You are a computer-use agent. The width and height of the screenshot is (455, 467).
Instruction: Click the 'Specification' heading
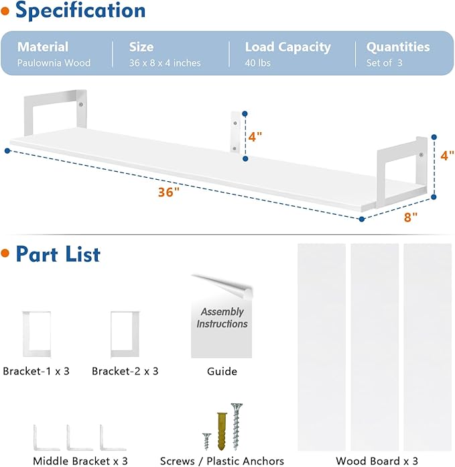point(80,11)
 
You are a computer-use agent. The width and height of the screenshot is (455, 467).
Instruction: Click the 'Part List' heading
point(58,254)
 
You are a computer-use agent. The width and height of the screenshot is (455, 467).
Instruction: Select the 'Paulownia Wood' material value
point(54,63)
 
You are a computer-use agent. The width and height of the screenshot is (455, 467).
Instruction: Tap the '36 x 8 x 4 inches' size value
point(165,63)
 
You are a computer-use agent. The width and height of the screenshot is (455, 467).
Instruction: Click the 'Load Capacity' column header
point(287,47)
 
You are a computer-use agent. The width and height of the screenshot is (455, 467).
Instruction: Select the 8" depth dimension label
point(410,217)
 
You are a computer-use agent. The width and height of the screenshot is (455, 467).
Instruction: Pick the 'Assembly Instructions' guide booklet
point(221,317)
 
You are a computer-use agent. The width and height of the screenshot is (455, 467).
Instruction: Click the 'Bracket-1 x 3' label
point(36,371)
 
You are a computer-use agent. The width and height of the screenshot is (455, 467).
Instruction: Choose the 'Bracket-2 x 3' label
point(125,371)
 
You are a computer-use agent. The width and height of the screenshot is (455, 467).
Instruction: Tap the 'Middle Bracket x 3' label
point(80,461)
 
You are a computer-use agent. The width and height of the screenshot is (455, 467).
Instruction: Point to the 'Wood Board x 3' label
point(377,461)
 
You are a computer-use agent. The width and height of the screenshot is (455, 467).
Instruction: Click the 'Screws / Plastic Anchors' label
point(222,461)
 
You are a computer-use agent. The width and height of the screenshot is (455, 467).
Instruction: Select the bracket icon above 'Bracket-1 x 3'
point(36,331)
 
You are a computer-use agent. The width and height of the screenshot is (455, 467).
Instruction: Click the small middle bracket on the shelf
point(235,132)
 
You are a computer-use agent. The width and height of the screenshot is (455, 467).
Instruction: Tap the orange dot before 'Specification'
point(5,11)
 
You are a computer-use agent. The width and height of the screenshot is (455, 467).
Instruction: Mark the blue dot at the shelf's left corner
point(7,151)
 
